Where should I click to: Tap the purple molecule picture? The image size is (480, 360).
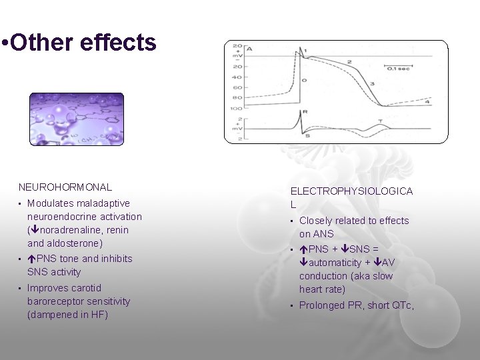coord(76,119)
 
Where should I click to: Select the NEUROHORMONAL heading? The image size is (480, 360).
coord(65,188)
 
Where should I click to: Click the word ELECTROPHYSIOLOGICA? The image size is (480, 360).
coord(351,191)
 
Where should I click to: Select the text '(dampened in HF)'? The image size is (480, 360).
coord(67,315)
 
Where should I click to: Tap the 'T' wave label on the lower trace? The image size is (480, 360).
coord(380,121)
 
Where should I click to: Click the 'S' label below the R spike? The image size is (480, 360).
coord(307,136)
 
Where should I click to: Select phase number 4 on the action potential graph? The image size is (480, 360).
coord(427,101)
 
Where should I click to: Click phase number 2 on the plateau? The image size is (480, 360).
coord(349,62)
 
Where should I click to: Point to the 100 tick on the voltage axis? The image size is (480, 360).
coord(235,107)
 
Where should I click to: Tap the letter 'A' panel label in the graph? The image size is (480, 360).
coord(249,49)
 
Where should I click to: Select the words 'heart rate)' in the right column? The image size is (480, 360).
coord(323,289)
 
